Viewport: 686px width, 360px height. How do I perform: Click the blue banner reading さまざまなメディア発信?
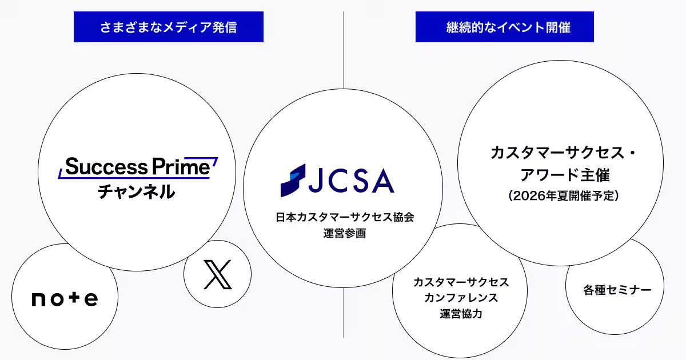click(168, 27)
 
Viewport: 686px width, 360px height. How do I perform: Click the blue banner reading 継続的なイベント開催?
click(504, 27)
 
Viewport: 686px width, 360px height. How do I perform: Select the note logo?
click(65, 298)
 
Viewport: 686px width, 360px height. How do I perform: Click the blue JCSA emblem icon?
click(293, 180)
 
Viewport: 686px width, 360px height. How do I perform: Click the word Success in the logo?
click(106, 167)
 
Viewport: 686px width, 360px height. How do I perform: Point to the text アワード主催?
click(560, 174)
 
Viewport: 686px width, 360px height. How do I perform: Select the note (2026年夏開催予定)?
click(560, 196)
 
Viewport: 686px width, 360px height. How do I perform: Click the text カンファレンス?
click(461, 298)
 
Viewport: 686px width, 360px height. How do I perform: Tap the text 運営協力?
click(461, 313)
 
